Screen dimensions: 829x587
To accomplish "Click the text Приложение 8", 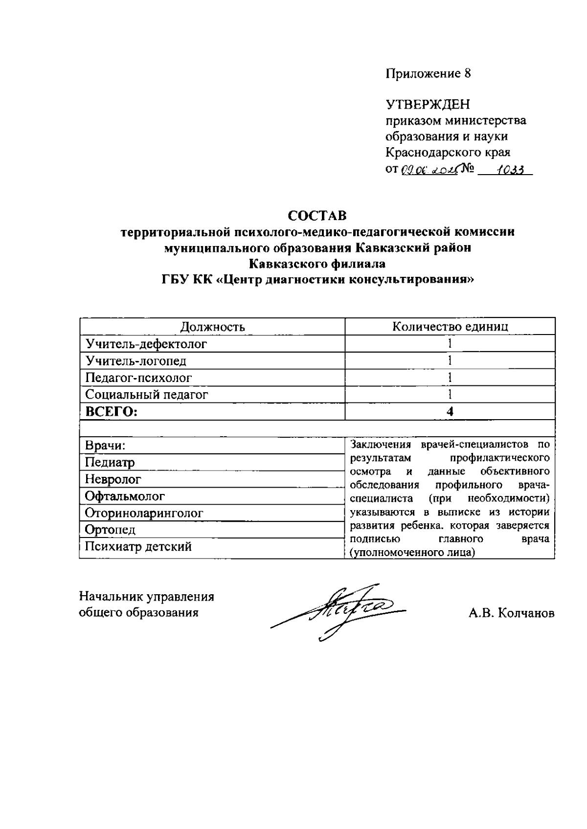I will click(x=428, y=73).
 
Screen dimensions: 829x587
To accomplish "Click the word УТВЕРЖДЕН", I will click(x=428, y=105).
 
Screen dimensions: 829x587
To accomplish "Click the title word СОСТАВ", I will click(x=317, y=216).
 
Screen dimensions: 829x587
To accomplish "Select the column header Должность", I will click(x=212, y=327).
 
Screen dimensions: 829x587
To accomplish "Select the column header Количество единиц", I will click(x=450, y=327).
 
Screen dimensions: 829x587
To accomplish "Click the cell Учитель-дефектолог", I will click(x=146, y=344).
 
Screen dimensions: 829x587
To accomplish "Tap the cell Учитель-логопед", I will click(x=136, y=361).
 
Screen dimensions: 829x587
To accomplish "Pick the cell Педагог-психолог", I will click(x=138, y=378).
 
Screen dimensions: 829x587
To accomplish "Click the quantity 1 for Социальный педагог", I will click(x=450, y=394).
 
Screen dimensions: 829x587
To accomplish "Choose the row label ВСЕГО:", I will click(x=112, y=411).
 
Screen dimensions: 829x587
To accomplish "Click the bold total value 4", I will click(x=450, y=411).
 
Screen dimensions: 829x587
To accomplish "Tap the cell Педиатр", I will click(x=110, y=462).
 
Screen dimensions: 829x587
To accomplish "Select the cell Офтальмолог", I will click(x=125, y=496).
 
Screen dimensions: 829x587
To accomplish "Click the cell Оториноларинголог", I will click(x=144, y=513).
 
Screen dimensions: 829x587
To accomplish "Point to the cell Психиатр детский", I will click(x=138, y=546).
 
